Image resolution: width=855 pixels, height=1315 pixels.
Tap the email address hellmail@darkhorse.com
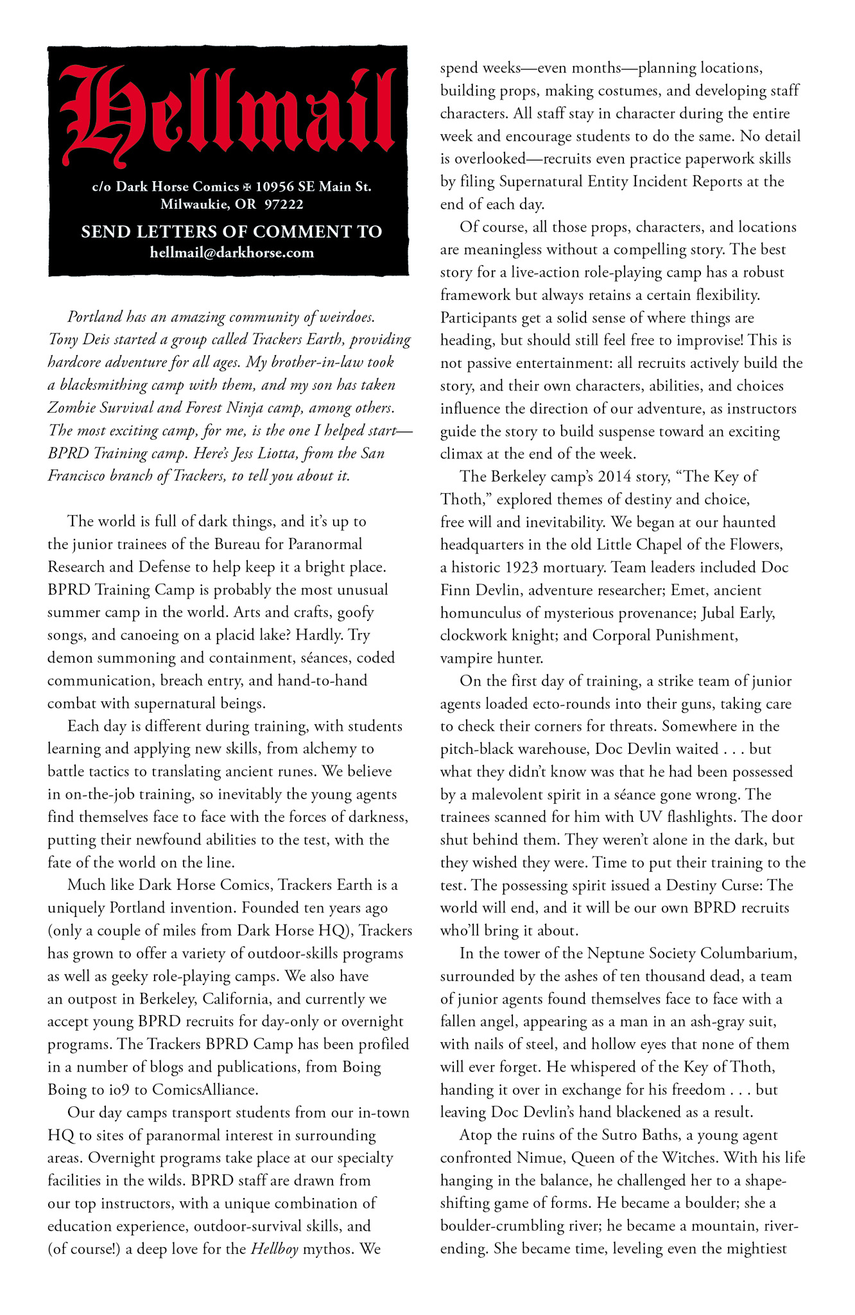coord(232,252)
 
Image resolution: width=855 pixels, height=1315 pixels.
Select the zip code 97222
coord(284,205)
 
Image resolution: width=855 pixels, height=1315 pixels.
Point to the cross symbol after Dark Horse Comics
coord(247,187)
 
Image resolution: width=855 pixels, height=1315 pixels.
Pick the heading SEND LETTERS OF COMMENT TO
coord(231,232)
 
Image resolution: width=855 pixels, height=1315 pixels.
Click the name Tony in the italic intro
coord(63,340)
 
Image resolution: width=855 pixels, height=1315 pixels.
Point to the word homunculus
coord(482,613)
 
